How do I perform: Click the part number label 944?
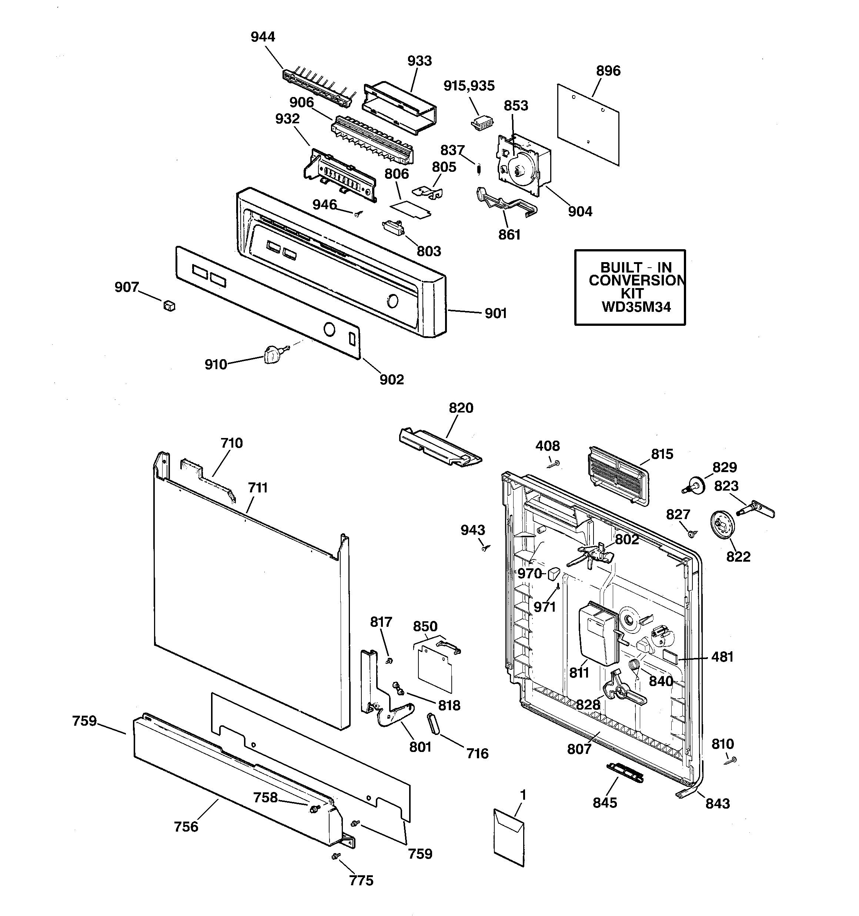(263, 37)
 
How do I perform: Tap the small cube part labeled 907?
(170, 305)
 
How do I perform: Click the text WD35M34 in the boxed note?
(636, 307)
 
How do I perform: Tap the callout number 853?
(515, 106)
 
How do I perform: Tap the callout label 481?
(722, 656)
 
